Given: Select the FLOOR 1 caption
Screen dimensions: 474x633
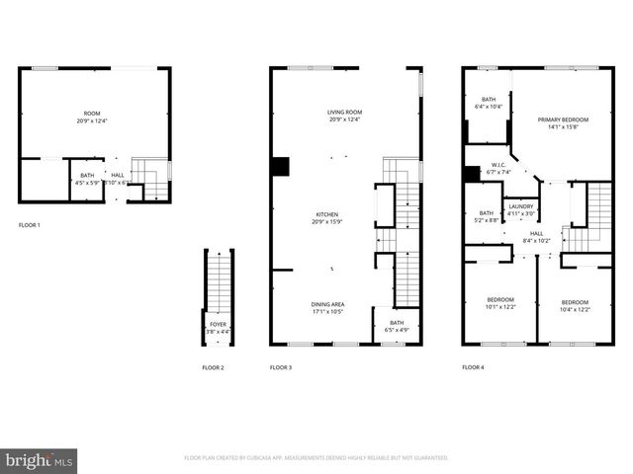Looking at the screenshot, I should point(30,225).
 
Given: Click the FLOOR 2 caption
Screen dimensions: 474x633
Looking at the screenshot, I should point(213,367).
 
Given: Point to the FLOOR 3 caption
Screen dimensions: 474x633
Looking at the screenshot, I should point(281,367).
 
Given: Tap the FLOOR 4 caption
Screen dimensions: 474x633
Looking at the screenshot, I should point(473,367).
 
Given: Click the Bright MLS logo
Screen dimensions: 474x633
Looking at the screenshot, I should point(39,460).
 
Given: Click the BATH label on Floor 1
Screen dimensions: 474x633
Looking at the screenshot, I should point(87,179).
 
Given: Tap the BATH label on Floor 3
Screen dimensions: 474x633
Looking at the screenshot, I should point(396,326).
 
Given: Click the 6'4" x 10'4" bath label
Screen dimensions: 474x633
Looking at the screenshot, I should point(489,103).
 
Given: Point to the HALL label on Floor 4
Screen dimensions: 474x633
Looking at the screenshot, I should point(536,236).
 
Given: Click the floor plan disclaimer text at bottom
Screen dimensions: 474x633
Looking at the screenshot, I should point(316,458).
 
